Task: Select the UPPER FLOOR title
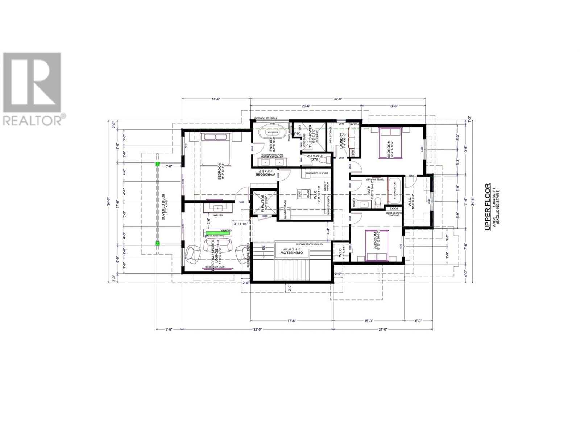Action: [x=488, y=207]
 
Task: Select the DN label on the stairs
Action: [x=264, y=249]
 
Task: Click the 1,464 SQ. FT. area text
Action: [x=493, y=207]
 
